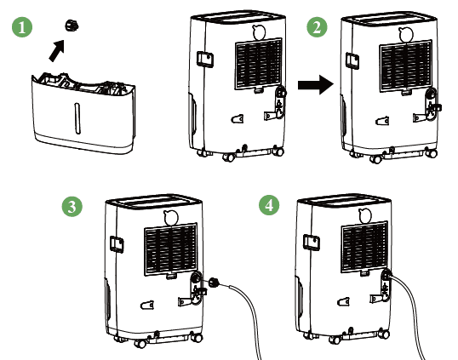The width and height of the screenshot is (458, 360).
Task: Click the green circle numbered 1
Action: pos(22,27)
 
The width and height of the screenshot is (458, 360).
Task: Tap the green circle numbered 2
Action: pos(317,27)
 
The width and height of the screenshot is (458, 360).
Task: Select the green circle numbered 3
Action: pos(72,207)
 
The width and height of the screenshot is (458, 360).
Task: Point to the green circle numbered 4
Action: pos(269,205)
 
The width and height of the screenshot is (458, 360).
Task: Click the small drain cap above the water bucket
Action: pos(72,26)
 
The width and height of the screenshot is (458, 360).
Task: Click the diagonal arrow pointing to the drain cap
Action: pos(57,51)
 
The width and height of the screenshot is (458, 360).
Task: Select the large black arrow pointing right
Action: pos(316,84)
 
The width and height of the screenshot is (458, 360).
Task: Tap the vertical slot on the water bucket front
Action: pos(77,118)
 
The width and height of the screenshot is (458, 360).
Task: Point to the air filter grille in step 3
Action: pos(171,249)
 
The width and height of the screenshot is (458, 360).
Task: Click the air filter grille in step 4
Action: pos(365,247)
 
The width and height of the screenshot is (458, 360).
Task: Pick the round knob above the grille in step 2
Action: pos(406,35)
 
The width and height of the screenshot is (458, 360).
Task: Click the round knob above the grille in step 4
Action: pos(365,216)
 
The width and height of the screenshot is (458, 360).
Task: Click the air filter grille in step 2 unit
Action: pos(405,66)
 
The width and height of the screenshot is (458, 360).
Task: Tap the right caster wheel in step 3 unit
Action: pos(197,337)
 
